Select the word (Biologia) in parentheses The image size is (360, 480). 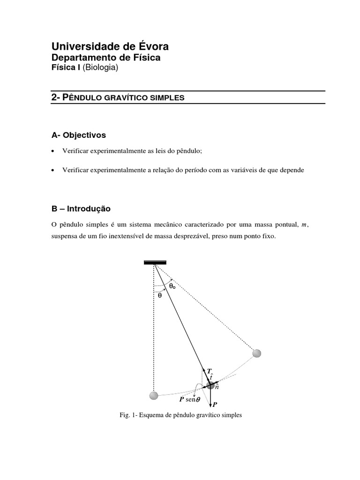[x=101, y=68]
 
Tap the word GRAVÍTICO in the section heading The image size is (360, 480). [x=125, y=98]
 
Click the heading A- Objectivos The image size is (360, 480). [x=79, y=135]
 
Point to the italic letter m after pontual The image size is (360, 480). [x=304, y=225]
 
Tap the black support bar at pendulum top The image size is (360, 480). [x=155, y=263]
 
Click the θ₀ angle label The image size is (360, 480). [x=172, y=285]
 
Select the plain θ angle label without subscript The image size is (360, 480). [x=160, y=295]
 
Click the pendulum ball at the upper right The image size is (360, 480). [x=256, y=353]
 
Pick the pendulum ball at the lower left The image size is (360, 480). [x=154, y=396]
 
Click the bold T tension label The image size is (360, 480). [x=209, y=370]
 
